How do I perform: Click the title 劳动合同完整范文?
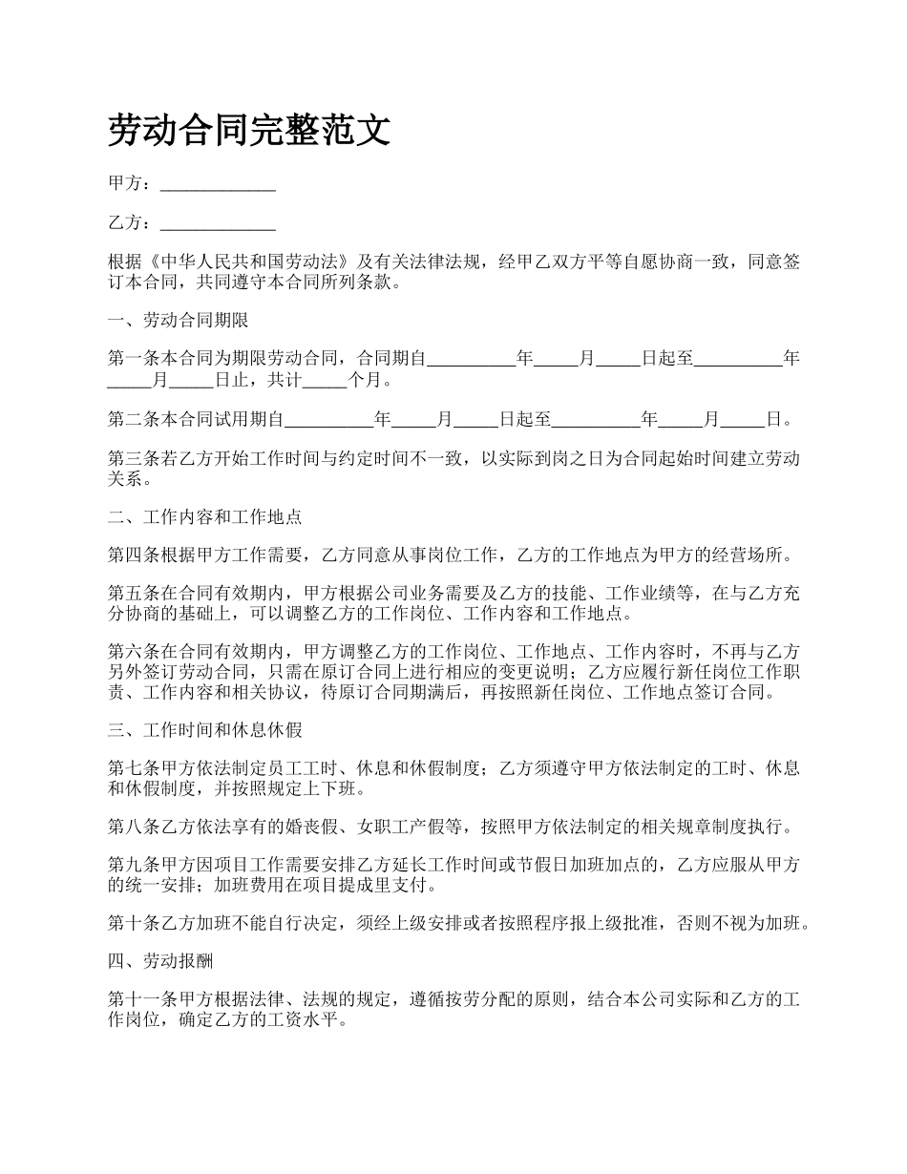pyautogui.click(x=249, y=131)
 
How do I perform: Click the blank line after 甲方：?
pyautogui.click(x=218, y=184)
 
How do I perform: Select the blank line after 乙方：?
pyautogui.click(x=218, y=223)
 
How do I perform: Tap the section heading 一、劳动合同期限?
pyautogui.click(x=179, y=320)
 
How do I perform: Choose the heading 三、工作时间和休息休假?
pyautogui.click(x=205, y=730)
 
